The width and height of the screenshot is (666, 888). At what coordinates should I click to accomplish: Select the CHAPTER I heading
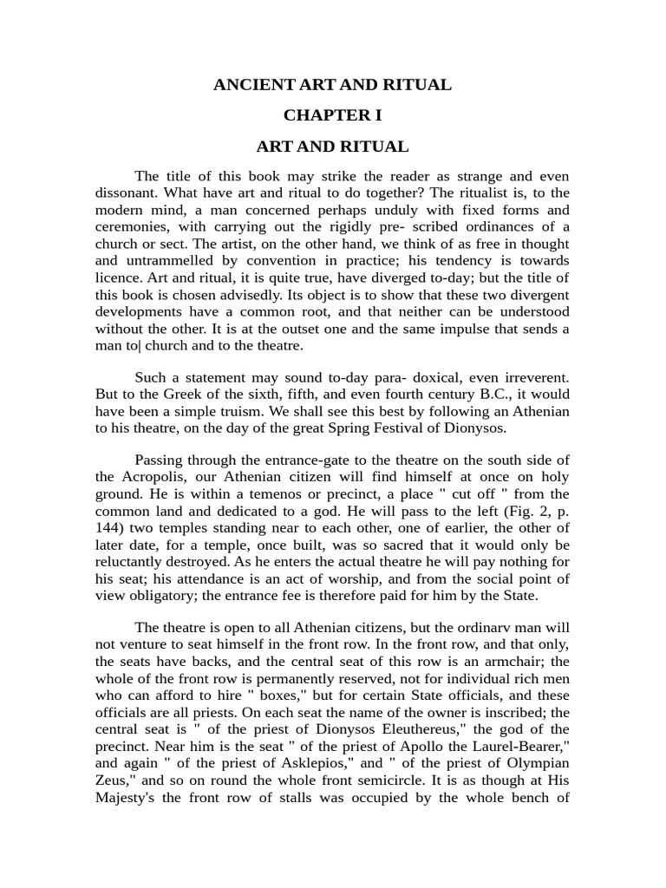(x=333, y=115)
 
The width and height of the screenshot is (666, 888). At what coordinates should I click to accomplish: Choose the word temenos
(x=231, y=493)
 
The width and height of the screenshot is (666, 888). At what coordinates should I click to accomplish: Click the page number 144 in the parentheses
(x=109, y=526)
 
